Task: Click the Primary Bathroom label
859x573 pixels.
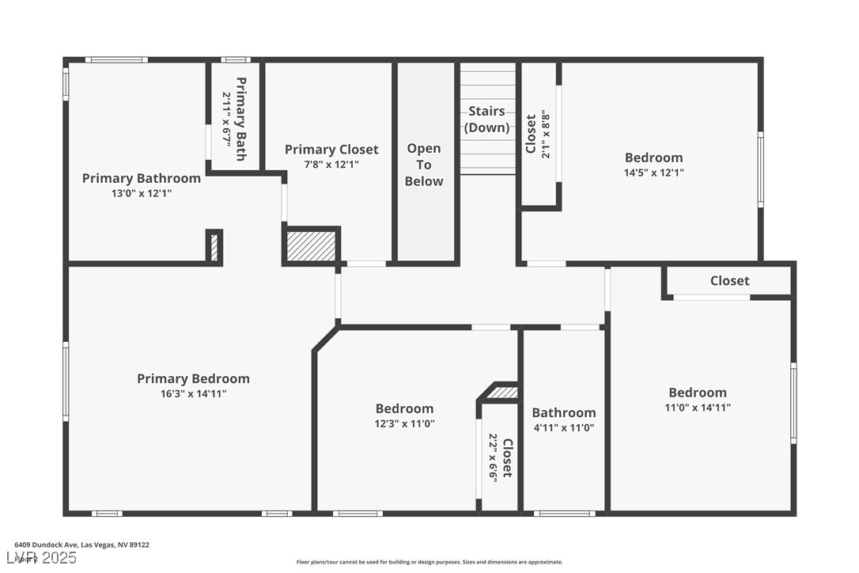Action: tap(141, 178)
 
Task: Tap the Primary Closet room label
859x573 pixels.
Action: tap(331, 150)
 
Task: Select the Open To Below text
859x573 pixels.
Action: tap(424, 165)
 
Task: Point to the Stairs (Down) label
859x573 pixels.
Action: tap(486, 119)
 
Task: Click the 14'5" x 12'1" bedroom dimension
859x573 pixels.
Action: tap(654, 172)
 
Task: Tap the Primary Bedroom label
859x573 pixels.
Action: tap(193, 378)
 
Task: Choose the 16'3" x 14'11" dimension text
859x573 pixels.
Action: tap(193, 393)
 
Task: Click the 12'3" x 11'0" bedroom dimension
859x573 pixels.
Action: tap(404, 423)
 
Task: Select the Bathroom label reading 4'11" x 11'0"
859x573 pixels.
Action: tap(564, 412)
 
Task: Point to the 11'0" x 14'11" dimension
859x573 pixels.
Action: tap(698, 408)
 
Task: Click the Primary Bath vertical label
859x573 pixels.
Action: tap(241, 119)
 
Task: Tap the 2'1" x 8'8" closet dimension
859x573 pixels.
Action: tap(545, 135)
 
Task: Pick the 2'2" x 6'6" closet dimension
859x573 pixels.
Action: tap(493, 458)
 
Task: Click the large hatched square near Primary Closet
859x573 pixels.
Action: tap(312, 245)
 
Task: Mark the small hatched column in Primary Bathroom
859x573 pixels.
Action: tap(214, 247)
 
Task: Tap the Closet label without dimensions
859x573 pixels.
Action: tap(729, 280)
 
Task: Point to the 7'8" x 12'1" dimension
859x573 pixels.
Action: tap(331, 165)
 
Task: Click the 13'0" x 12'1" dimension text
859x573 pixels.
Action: tap(141, 192)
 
